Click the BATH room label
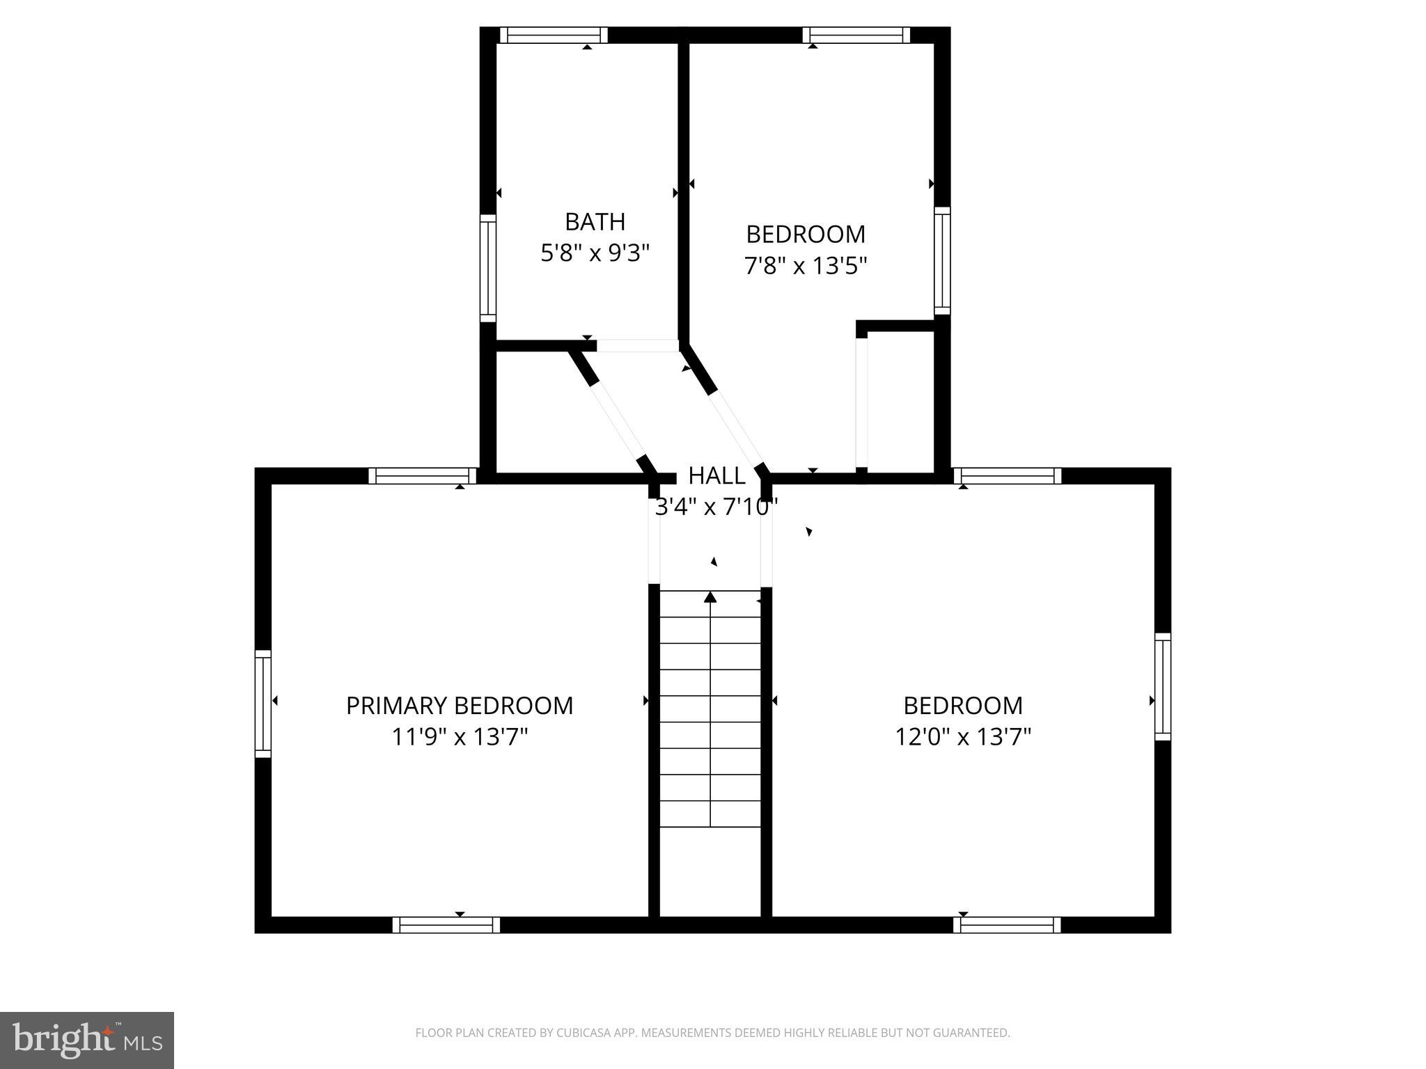(595, 222)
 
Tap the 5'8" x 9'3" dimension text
(595, 253)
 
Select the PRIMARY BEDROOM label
(460, 706)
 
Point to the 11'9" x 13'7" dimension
(460, 736)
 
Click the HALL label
(716, 476)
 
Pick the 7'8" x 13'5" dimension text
(806, 265)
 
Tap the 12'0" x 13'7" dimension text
(963, 736)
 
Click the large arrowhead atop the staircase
(710, 596)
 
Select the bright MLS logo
(87, 1040)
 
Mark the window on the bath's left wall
(488, 268)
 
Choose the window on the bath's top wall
(554, 35)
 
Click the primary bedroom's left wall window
(263, 703)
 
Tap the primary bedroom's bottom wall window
(446, 925)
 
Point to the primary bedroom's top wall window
(423, 476)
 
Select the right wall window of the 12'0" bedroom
(1163, 686)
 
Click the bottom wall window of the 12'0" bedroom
(1007, 925)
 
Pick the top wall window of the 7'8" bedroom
(856, 35)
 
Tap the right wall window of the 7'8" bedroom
(942, 261)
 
